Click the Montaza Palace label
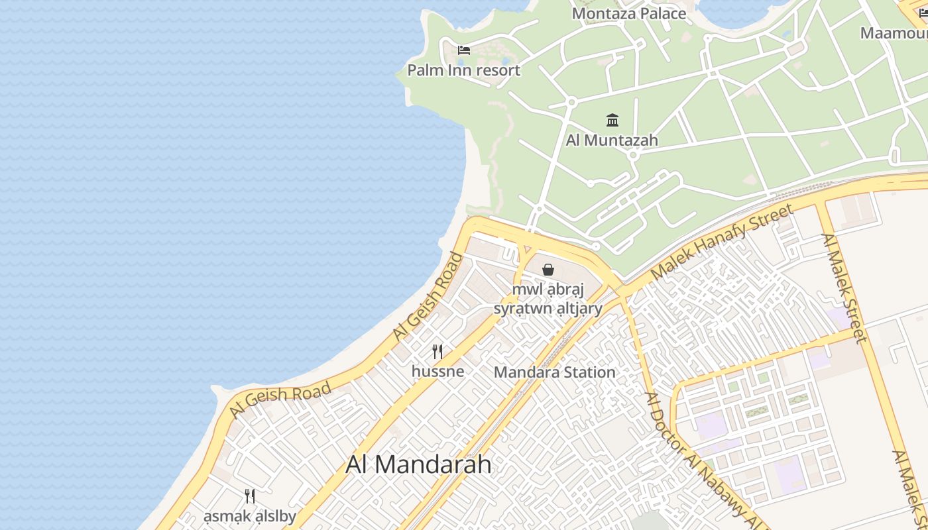click(x=628, y=13)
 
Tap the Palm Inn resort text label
click(x=463, y=70)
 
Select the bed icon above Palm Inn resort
click(x=464, y=50)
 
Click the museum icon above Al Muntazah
click(x=612, y=121)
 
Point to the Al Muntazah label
click(x=612, y=140)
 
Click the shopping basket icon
click(x=548, y=270)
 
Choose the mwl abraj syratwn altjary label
click(x=548, y=299)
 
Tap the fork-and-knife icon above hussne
click(x=437, y=351)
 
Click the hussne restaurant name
click(x=437, y=371)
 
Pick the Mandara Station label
click(x=555, y=372)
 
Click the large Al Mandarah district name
click(x=418, y=464)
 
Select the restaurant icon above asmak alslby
click(x=250, y=496)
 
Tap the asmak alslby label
click(x=250, y=516)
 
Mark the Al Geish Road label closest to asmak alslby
click(x=280, y=400)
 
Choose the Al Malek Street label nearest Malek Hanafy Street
click(x=844, y=288)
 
